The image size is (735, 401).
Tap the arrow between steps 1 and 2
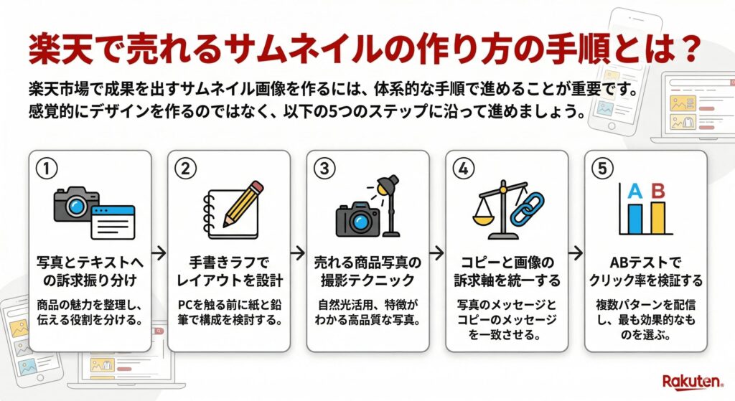click(x=159, y=253)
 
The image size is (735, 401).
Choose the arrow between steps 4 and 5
click(x=575, y=253)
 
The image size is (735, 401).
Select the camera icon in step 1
click(x=75, y=202)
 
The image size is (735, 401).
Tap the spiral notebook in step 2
click(x=224, y=216)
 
